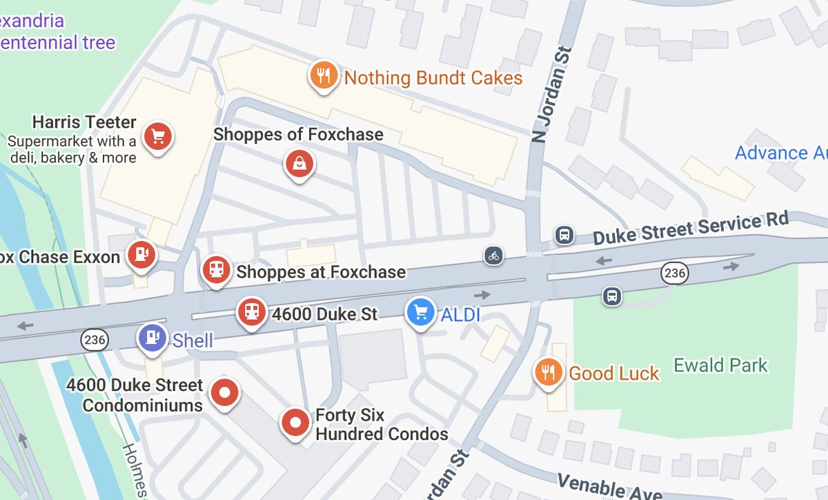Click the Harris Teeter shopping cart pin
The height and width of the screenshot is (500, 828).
(x=158, y=136)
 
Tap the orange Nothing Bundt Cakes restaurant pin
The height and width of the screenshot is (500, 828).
(x=322, y=75)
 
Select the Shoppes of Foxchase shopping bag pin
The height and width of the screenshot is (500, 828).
(x=299, y=164)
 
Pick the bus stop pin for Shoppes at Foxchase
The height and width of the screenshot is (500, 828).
(x=217, y=269)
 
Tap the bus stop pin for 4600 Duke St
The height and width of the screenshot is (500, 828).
(x=252, y=311)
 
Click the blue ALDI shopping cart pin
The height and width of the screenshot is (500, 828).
(x=421, y=311)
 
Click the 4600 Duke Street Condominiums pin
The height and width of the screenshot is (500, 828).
(x=224, y=393)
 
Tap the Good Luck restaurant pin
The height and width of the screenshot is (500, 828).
(x=549, y=372)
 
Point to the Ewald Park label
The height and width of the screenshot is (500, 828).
(x=720, y=365)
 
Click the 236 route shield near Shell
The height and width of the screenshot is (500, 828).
(x=94, y=339)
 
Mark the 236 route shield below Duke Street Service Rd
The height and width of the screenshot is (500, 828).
(x=674, y=273)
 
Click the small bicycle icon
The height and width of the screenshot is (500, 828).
(x=493, y=256)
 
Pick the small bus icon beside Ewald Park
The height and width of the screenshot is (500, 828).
(x=611, y=296)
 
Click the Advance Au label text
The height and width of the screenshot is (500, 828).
(x=780, y=153)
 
